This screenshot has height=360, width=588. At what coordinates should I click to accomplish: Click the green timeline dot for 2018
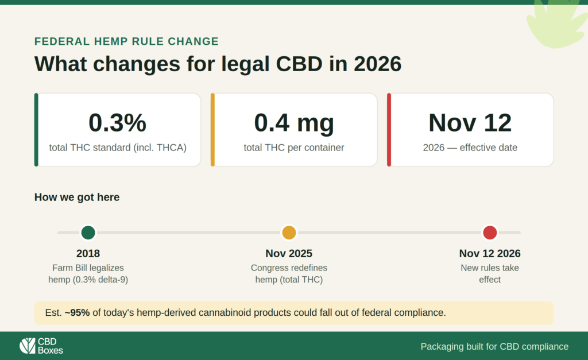click(88, 233)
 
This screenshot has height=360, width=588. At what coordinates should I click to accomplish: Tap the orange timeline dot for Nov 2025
click(289, 233)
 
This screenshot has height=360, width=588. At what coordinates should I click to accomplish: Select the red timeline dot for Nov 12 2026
click(490, 233)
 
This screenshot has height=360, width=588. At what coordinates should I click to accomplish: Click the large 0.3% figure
click(117, 123)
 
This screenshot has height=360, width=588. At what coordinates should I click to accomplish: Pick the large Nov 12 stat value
click(470, 123)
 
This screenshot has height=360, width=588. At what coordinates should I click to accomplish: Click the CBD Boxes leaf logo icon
click(28, 346)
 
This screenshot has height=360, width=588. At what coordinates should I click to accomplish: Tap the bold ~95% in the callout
click(78, 313)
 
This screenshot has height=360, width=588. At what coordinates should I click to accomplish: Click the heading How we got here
click(77, 198)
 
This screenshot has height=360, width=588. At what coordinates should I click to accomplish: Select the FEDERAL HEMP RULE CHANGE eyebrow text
click(126, 41)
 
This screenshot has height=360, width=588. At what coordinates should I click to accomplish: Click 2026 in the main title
click(378, 64)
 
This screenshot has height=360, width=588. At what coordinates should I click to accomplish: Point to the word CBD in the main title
click(299, 64)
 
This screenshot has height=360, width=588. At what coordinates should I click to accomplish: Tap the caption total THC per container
click(294, 148)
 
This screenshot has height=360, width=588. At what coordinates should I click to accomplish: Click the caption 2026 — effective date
click(470, 148)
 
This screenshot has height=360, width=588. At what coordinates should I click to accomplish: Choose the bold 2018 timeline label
click(88, 254)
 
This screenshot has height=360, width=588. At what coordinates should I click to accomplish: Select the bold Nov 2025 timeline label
click(289, 254)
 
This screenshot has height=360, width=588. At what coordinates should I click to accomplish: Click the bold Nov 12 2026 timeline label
click(490, 254)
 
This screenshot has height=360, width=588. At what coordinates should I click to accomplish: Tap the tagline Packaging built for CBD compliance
click(494, 346)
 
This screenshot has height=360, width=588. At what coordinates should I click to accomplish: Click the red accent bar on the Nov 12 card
click(389, 130)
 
